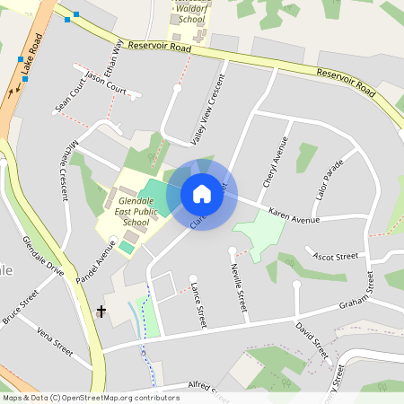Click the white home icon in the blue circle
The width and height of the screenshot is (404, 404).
pyautogui.click(x=201, y=194)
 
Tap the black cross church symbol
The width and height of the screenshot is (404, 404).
pyautogui.click(x=101, y=312)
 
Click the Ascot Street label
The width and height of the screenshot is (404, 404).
pyautogui.click(x=336, y=257)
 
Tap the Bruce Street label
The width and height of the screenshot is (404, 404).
pyautogui.click(x=21, y=307)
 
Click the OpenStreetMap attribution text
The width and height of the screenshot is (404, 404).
pyautogui.click(x=91, y=398)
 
